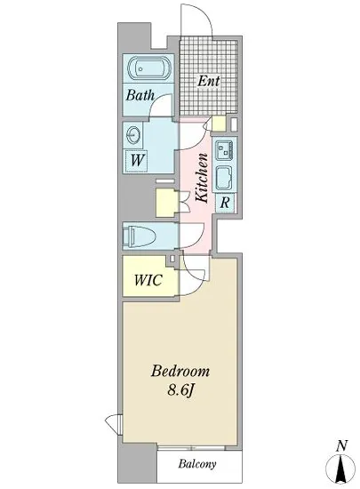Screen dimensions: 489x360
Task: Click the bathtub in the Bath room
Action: [x=148, y=68]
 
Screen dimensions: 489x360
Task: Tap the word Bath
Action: [x=140, y=95]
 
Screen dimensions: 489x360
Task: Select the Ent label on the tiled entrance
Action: [x=208, y=82]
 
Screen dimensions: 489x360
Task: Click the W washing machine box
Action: [x=138, y=161]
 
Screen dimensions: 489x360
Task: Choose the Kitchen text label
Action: [x=203, y=178]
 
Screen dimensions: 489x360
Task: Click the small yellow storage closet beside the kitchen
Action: [x=165, y=203]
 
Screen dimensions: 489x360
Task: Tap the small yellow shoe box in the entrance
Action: [x=220, y=124]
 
